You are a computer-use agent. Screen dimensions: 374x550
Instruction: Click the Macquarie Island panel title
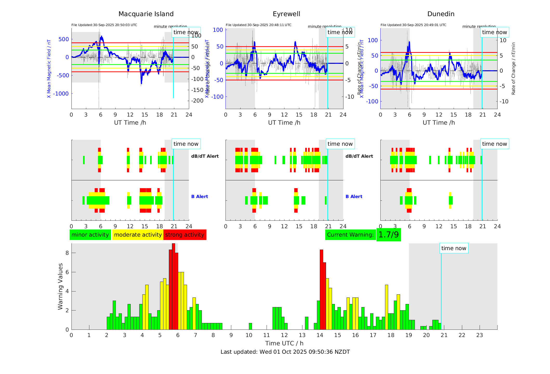(146, 14)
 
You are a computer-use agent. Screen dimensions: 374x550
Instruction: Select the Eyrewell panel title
(286, 14)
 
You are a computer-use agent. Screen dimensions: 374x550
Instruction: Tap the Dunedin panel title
(441, 14)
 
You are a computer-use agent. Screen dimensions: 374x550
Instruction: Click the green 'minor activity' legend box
(90, 235)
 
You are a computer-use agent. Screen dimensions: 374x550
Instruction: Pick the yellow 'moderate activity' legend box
(138, 235)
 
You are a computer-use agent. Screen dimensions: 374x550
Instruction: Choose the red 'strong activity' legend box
(185, 235)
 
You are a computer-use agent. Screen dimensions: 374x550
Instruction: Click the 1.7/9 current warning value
(388, 235)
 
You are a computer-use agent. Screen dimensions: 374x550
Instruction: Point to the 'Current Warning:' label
(350, 235)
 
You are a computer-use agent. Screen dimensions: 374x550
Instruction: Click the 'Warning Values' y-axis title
(61, 286)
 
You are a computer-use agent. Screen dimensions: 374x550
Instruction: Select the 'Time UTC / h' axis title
(284, 343)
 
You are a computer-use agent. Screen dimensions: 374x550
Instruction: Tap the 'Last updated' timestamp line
(285, 352)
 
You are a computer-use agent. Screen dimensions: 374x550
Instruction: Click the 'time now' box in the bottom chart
(454, 248)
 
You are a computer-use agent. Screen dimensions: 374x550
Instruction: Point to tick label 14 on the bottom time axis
(320, 335)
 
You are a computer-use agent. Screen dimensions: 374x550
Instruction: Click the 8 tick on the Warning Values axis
(67, 253)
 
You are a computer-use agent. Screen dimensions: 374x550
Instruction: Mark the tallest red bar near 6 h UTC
(174, 286)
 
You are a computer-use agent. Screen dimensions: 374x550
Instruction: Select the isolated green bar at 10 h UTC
(250, 326)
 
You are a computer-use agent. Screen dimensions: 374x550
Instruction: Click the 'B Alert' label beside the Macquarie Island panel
(200, 196)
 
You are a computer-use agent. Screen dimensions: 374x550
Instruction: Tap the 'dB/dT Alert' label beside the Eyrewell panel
(359, 156)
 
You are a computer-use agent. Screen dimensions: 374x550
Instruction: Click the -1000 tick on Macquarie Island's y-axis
(61, 94)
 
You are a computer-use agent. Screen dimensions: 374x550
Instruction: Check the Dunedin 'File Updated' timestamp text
(413, 25)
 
